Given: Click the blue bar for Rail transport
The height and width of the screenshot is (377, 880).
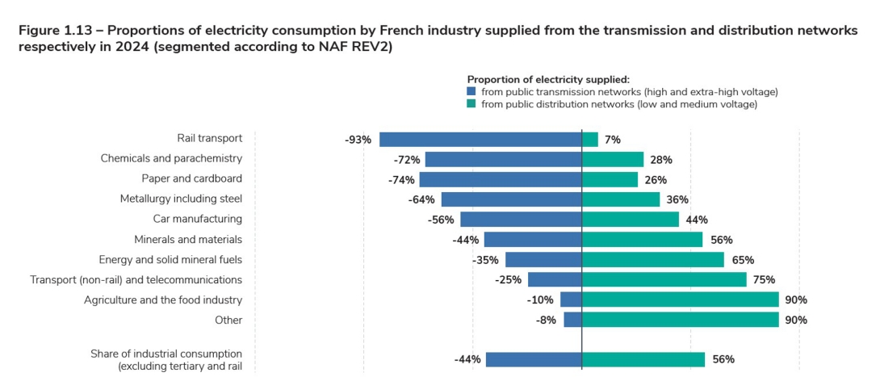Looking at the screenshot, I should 480,140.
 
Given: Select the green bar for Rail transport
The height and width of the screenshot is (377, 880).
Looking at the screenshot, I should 590,140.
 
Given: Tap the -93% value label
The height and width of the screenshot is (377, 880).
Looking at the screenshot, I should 358,140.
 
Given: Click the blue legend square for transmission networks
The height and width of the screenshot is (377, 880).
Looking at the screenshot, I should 472,92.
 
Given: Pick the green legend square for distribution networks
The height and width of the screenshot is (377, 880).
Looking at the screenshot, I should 472,104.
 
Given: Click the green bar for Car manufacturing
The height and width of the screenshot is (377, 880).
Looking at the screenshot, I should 631,220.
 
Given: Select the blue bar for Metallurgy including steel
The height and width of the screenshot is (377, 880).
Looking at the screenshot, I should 511,199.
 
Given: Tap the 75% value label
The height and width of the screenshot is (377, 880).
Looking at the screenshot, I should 764,280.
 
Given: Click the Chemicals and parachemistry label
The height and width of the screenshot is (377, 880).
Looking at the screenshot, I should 171,158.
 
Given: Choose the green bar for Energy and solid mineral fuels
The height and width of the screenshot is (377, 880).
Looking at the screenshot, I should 653,260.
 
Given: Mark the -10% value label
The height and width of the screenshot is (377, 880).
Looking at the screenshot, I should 541,300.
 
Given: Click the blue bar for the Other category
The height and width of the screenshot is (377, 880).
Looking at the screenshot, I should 572,320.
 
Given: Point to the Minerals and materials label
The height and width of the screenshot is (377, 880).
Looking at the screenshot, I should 188,239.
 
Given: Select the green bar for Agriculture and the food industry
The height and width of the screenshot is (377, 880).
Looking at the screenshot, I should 680,300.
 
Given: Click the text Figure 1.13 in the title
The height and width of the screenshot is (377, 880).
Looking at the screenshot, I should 55,31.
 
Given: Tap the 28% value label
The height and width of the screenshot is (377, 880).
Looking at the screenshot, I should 660,160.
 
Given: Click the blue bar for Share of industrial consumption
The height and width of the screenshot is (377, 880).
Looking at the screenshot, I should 534,360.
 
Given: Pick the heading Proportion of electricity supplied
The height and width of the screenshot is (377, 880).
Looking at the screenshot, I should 547,79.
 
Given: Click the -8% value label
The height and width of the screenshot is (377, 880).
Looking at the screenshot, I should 547,320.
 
